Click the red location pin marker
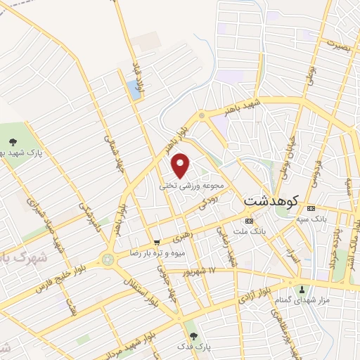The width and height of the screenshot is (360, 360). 181,165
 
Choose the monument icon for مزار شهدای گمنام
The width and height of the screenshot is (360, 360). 302,289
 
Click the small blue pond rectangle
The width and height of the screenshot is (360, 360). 132,89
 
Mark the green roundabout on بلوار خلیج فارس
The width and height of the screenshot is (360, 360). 108,259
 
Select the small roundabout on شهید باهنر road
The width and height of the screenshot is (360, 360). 202,115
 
